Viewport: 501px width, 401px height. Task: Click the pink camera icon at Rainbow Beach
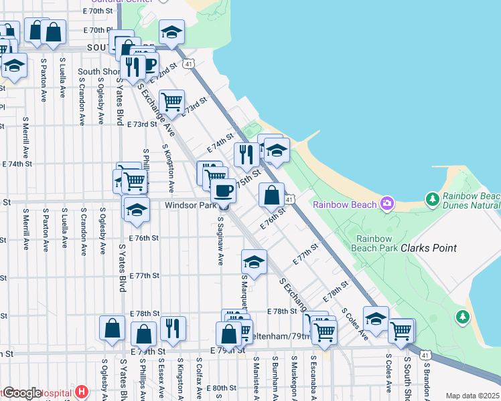click(386, 203)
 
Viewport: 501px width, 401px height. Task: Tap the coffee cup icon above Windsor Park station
click(223, 190)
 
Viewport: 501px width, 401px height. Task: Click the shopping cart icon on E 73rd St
click(172, 101)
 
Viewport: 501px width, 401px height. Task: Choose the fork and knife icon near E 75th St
click(246, 154)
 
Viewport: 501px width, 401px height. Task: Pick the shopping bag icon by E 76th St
click(271, 195)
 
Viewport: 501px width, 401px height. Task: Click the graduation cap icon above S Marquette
click(254, 261)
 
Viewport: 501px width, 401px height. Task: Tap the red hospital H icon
click(82, 391)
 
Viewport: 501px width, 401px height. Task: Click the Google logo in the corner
click(21, 393)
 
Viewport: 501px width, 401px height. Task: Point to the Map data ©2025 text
click(472, 396)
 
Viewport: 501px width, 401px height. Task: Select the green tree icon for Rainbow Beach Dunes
click(432, 198)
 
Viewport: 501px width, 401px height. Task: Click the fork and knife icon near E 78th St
click(173, 327)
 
